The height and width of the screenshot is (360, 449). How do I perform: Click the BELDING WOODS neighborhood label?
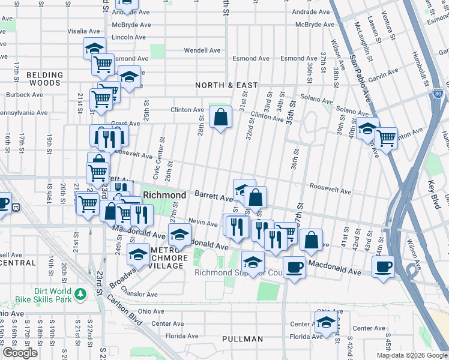point(44,80)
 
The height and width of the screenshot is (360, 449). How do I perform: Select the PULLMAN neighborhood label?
point(243,339)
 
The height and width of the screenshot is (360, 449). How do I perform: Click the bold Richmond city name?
point(164,196)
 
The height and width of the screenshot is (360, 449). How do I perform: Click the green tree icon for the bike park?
point(79,295)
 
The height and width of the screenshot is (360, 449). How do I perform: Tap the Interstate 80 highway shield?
point(438,94)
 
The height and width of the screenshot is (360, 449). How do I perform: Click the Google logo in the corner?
point(20,353)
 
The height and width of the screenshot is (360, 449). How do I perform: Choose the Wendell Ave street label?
point(198,50)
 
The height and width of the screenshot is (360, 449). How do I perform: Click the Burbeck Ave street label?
point(24,95)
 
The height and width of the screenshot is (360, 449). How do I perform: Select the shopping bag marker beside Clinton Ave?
point(221,116)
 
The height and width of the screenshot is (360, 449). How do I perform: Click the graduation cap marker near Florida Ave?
point(327,322)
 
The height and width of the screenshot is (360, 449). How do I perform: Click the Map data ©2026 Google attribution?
point(411,355)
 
